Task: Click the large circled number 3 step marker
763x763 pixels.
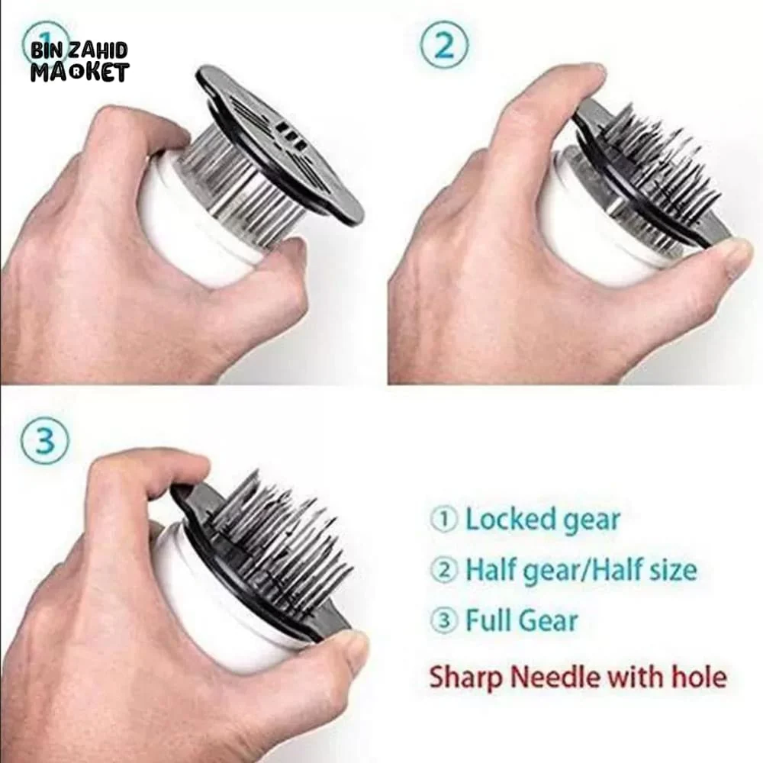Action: tap(45, 440)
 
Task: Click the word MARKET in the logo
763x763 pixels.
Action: tap(80, 72)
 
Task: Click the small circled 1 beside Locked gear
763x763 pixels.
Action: tap(444, 520)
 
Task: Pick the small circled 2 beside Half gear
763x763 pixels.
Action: tap(444, 569)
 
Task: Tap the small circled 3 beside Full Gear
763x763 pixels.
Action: tap(444, 620)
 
